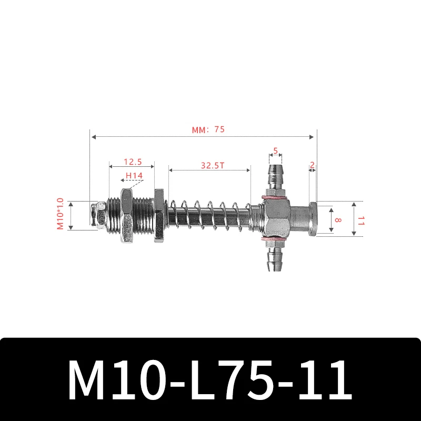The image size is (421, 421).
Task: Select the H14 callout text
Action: point(134,176)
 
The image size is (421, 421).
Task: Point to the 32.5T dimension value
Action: point(213,165)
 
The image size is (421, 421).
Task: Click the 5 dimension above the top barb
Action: point(275,151)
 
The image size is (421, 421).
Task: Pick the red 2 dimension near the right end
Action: point(312,165)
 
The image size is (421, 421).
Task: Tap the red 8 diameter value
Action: point(337,219)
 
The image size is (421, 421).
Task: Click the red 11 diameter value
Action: point(360,219)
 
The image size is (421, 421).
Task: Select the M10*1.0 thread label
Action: point(60,214)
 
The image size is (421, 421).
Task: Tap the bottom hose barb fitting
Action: point(275,259)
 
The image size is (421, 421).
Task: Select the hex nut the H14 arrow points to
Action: point(127,216)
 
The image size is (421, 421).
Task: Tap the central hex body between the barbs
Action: point(275,218)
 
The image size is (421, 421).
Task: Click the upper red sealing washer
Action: point(275,198)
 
